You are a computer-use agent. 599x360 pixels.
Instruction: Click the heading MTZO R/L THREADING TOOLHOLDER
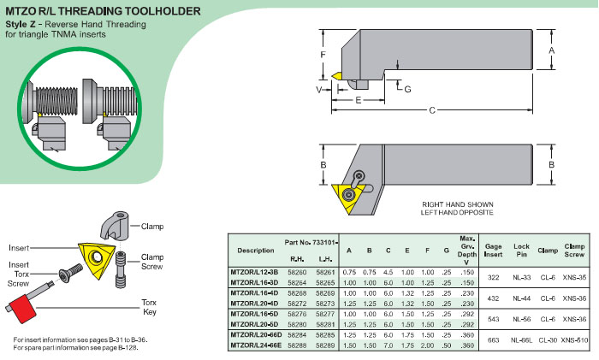pos(104,10)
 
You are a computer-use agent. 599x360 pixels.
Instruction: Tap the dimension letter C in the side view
pos(431,110)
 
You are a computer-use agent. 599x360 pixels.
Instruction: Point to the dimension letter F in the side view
pos(323,55)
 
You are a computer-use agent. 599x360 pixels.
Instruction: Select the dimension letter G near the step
pos(407,89)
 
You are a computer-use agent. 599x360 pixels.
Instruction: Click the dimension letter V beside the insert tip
pos(318,88)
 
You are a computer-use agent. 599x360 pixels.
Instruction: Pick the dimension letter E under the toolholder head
pos(357,100)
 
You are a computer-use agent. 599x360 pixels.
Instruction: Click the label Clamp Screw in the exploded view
pos(151,261)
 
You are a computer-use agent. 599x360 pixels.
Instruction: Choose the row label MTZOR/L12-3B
pos(255,271)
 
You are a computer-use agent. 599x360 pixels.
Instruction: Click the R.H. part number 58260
pos(297,271)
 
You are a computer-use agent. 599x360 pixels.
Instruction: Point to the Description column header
pos(255,251)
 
